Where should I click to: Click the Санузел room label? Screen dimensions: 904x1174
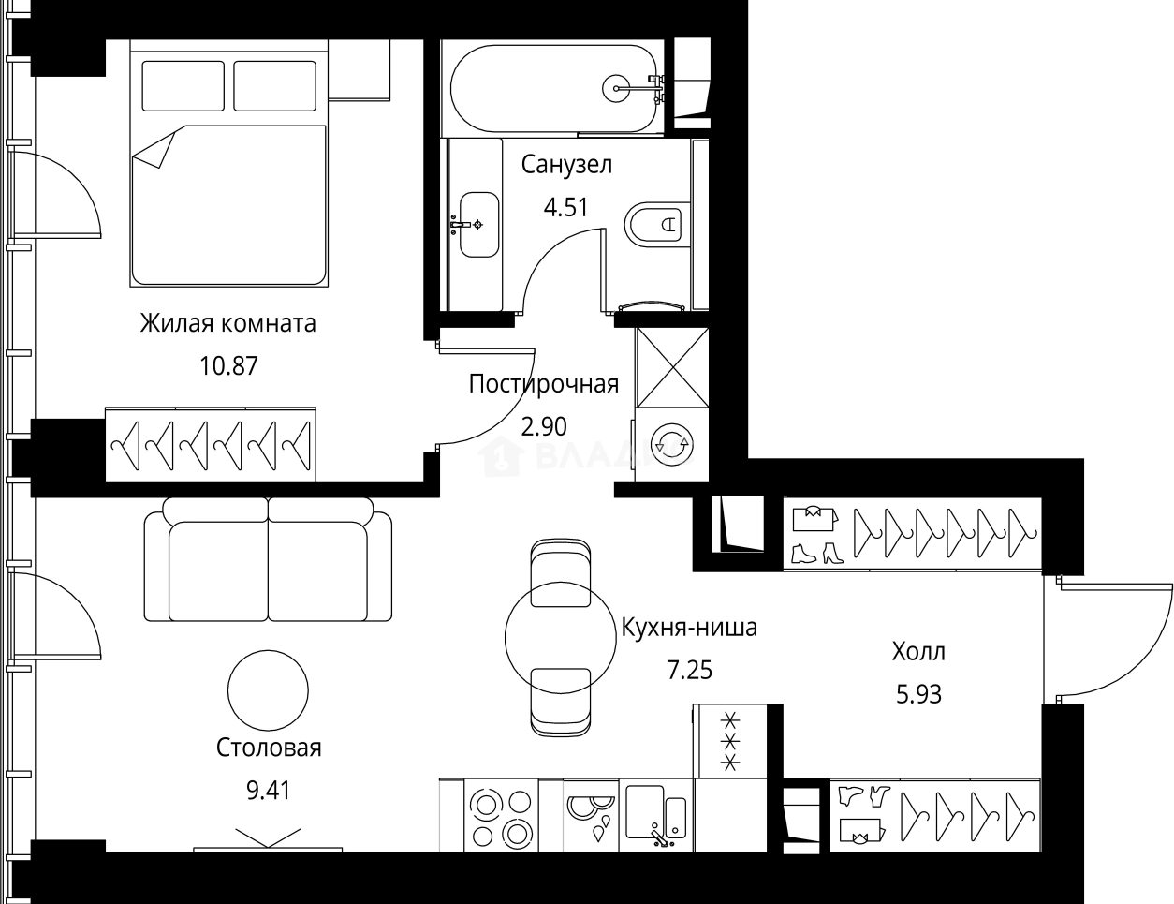(566, 166)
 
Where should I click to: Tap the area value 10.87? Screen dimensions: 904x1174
(227, 364)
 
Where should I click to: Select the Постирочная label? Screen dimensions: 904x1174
(543, 384)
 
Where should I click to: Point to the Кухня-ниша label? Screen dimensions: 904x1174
(689, 627)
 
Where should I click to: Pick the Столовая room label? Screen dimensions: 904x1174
(269, 748)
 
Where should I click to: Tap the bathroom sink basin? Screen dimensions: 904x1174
(478, 224)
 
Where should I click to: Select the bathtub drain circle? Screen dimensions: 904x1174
(618, 89)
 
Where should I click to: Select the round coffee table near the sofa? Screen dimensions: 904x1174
(268, 691)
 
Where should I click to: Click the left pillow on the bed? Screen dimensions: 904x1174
(183, 86)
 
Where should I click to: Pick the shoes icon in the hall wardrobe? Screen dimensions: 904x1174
(816, 553)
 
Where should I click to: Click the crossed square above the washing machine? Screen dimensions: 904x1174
(671, 366)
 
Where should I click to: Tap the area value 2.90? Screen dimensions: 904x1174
(543, 426)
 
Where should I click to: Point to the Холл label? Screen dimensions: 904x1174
(918, 651)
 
